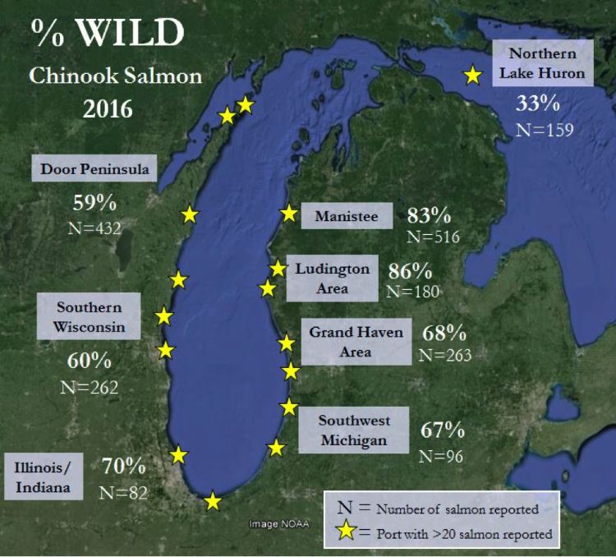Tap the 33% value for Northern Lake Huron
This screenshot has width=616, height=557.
coord(537,104)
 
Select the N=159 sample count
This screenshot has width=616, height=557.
coord(543,129)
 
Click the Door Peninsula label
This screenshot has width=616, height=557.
coord(94,169)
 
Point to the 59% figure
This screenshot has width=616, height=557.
coord(95,203)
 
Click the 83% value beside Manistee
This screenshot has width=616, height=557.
coord(429,216)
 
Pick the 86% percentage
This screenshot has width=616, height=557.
coord(411,270)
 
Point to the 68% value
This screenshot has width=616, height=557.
coord(444,334)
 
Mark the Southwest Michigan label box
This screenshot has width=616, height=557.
coord(353,430)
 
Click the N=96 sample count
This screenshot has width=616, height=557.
coord(442,454)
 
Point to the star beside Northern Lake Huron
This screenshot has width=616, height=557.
coord(472,76)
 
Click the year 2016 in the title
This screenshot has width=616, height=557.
coord(106,108)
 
